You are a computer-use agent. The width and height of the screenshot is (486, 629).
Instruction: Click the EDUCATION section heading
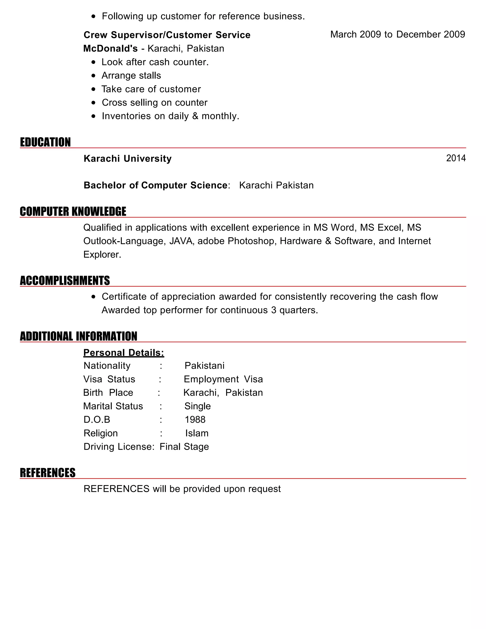45,142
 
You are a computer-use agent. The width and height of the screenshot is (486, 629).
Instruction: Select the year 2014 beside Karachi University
456,158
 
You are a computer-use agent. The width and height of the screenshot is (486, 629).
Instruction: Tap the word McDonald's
111,48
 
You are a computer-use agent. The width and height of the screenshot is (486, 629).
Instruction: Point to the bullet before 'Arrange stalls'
93,76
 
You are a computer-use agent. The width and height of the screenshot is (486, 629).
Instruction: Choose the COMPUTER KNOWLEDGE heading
73,211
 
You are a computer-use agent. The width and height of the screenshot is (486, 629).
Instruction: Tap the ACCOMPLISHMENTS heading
65,281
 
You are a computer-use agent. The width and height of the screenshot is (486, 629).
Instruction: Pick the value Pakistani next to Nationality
204,366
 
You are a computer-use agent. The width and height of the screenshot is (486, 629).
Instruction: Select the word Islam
197,433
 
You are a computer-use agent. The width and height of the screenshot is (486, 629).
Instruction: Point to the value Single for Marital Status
197,406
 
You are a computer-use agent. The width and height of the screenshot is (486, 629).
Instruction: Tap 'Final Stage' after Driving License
184,447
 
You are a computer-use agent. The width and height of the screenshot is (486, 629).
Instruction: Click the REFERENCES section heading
47,473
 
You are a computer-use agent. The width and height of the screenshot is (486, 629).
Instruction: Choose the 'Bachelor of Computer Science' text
155,185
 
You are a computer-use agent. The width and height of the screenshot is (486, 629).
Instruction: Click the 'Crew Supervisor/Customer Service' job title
167,35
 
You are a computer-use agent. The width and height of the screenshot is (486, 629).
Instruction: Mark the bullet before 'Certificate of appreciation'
93,297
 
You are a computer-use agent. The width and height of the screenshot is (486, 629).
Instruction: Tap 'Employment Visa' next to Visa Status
223,379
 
